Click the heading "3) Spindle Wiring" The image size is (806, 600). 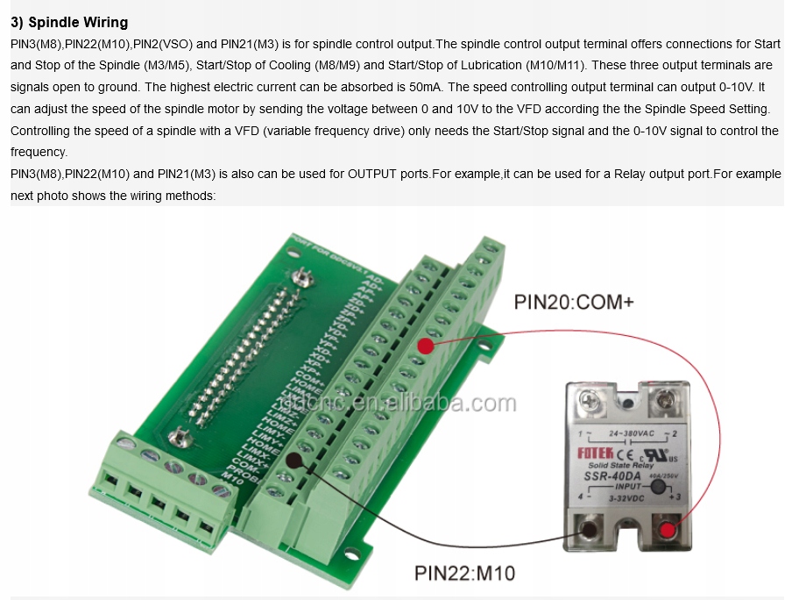click(x=69, y=22)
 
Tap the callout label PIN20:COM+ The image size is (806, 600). click(x=573, y=303)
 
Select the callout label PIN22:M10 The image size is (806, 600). click(x=464, y=574)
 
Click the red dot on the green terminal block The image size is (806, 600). click(x=426, y=346)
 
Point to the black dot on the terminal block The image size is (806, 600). click(x=295, y=461)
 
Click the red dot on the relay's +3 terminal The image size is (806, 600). click(x=669, y=529)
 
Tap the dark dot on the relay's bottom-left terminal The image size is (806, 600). click(x=589, y=529)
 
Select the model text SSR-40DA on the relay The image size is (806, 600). click(x=612, y=476)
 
